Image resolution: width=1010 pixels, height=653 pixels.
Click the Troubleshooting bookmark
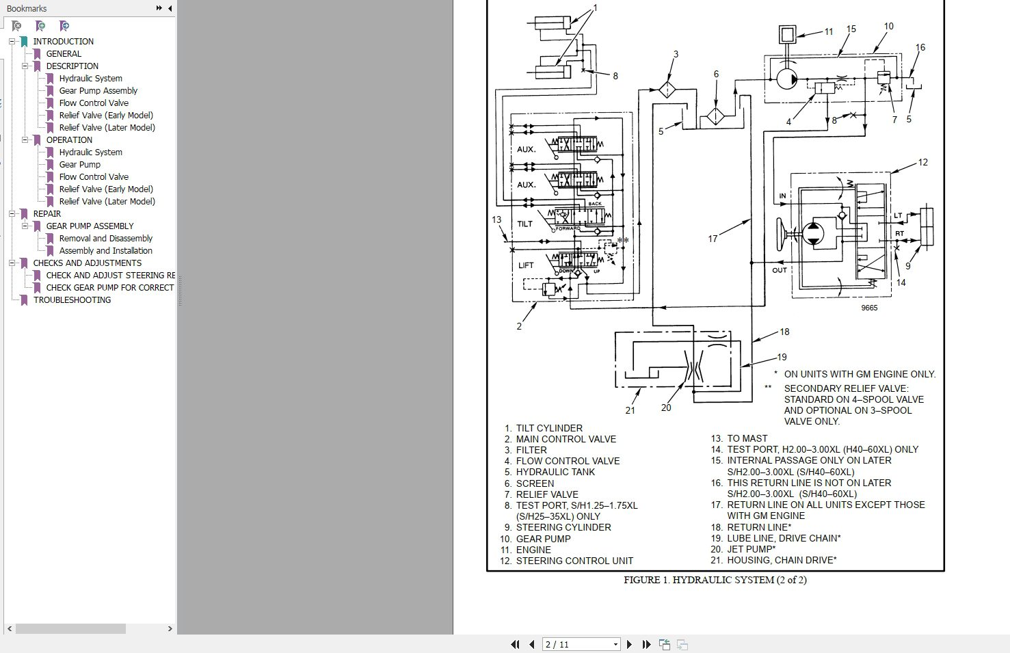click(x=72, y=300)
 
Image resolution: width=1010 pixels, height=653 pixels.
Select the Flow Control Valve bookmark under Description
click(x=94, y=103)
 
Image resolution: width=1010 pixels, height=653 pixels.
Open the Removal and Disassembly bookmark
click(x=105, y=238)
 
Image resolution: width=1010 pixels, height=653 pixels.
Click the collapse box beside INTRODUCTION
click(x=12, y=42)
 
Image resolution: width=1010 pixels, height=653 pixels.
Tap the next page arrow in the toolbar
click(x=629, y=644)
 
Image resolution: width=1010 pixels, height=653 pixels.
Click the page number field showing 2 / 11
click(x=581, y=644)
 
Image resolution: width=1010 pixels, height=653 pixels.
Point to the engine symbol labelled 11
click(x=787, y=34)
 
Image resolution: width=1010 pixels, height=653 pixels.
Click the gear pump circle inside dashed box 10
click(x=787, y=79)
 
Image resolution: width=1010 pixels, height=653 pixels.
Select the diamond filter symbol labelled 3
click(x=667, y=90)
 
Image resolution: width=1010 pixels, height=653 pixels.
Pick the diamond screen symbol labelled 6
click(x=715, y=116)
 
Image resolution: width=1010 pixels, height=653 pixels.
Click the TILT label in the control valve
click(x=524, y=224)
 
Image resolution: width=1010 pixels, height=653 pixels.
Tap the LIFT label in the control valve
click(x=526, y=265)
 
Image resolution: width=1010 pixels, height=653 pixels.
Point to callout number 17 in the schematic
click(x=713, y=239)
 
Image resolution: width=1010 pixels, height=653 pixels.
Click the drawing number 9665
click(x=869, y=308)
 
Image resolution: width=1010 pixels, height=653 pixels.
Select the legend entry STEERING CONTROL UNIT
click(x=574, y=561)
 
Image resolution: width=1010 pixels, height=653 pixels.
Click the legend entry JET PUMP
click(x=752, y=549)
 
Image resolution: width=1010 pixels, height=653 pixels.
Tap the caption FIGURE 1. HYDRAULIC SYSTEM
click(x=715, y=580)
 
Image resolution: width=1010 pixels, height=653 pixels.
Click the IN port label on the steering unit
click(x=782, y=196)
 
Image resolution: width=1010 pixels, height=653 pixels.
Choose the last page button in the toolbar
click(x=647, y=644)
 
